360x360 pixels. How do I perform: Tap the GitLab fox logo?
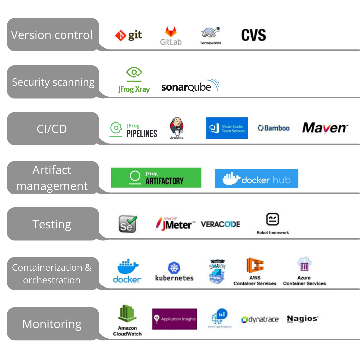click(x=171, y=33)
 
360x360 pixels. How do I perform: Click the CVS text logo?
click(x=254, y=35)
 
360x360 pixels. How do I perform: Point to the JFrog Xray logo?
click(x=134, y=80)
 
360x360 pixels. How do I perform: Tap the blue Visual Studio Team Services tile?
click(x=227, y=128)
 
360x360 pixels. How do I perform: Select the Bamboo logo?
click(x=273, y=128)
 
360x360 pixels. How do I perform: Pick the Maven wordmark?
click(x=325, y=128)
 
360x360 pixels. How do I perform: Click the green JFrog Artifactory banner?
click(x=156, y=178)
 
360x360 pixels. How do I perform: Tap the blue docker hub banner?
click(x=256, y=179)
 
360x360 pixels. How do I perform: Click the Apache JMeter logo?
click(x=175, y=224)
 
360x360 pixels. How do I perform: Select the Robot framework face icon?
click(x=272, y=219)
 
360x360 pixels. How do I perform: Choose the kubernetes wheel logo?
click(x=174, y=268)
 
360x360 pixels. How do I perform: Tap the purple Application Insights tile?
click(x=174, y=319)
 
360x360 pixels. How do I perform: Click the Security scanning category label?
click(x=53, y=82)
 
